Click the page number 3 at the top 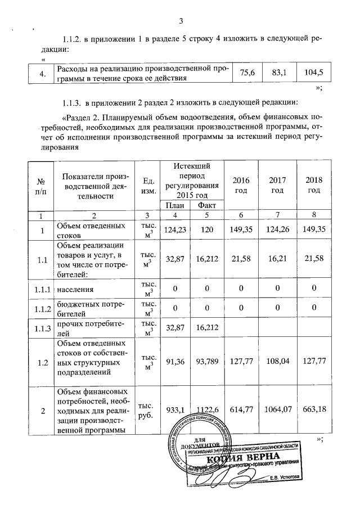coord(181,21)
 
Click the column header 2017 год coord(277,184)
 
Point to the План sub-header coord(174,205)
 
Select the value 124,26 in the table coord(277,230)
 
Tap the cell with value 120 coord(206,230)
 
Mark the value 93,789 coord(206,363)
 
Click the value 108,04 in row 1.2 coord(277,363)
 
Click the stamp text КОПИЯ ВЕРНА coord(247,456)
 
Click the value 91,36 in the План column coord(174,363)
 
